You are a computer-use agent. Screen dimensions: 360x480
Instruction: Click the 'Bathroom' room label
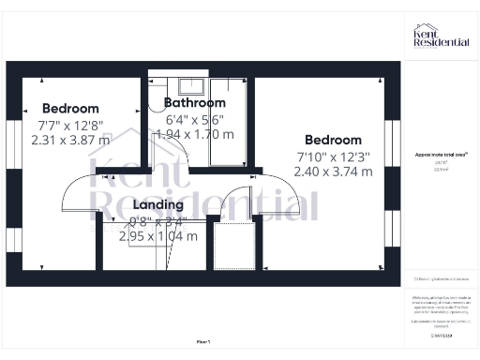pos(195,102)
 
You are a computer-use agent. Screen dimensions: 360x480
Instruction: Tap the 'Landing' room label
pos(157,203)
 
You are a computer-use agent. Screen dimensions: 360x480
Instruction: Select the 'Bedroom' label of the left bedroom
pos(70,108)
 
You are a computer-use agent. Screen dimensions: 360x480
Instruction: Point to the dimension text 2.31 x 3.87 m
pos(70,140)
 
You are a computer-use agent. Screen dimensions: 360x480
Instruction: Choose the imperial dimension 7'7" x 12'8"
pos(70,124)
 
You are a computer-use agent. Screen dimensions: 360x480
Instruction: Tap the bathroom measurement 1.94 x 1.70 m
pos(195,134)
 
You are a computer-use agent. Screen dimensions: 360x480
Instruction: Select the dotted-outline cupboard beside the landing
pos(233,246)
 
